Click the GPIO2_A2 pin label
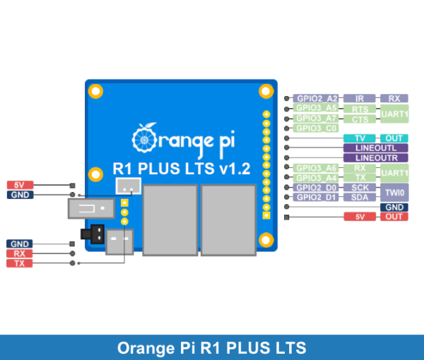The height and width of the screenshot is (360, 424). coord(316,98)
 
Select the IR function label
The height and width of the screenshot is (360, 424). coord(360,98)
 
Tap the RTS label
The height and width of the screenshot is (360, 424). coord(360,109)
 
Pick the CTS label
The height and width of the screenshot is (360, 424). coord(360,119)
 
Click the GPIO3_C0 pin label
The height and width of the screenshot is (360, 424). coord(316,128)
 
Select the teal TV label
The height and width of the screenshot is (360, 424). coord(360,138)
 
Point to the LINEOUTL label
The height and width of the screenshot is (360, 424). coord(375,148)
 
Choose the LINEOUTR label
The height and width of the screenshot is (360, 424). coord(375,158)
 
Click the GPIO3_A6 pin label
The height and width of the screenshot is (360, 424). coord(316,168)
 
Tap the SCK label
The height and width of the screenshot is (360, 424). coord(360,187)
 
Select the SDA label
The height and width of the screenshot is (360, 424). coord(360,197)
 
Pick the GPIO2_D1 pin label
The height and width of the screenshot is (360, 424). coord(316,197)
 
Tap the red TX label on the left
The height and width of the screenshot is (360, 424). coord(19,263)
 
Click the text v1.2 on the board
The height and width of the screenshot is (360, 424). coord(235,171)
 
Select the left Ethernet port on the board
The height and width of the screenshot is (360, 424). coord(170,218)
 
